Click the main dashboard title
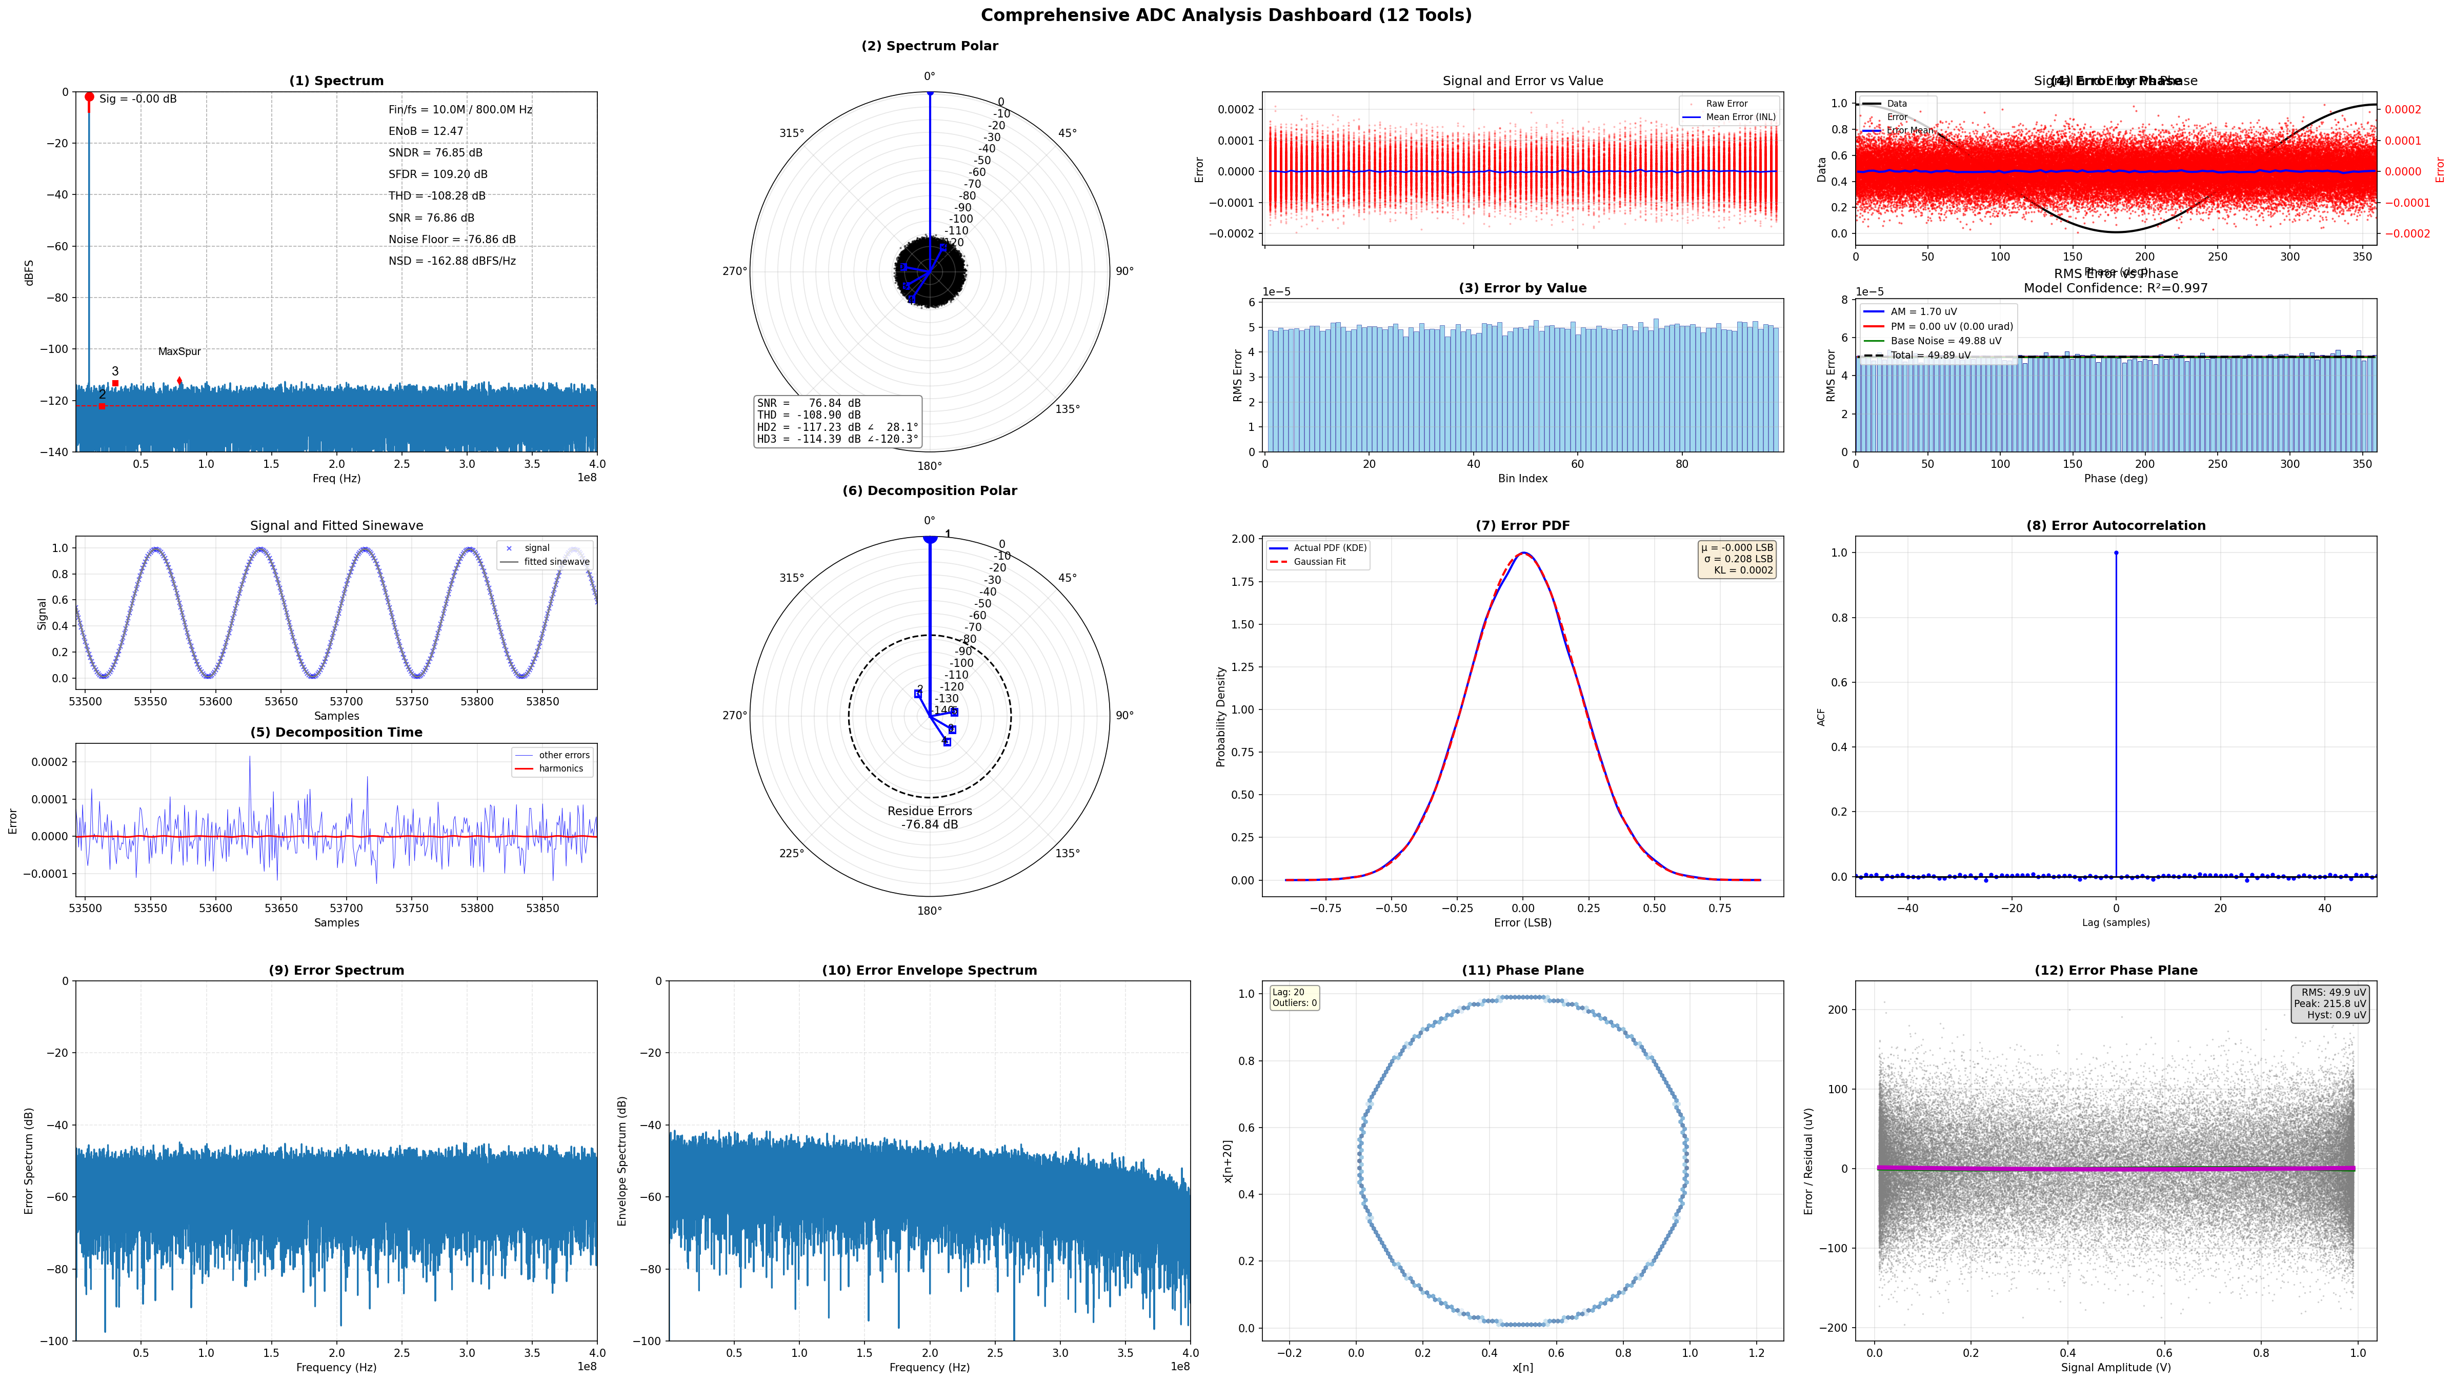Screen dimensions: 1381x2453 click(x=1225, y=15)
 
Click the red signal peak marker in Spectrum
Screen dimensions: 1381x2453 click(x=90, y=97)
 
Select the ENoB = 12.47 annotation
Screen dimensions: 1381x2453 click(x=426, y=131)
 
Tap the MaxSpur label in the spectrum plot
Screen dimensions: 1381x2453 click(x=179, y=351)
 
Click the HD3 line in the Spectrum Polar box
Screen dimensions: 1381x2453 click(x=837, y=439)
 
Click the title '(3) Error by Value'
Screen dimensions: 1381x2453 click(x=1522, y=288)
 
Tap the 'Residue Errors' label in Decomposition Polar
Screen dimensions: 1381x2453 click(x=930, y=812)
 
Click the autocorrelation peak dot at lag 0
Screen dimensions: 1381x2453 click(x=2116, y=553)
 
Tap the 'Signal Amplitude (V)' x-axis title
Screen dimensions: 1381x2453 click(x=2115, y=1368)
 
